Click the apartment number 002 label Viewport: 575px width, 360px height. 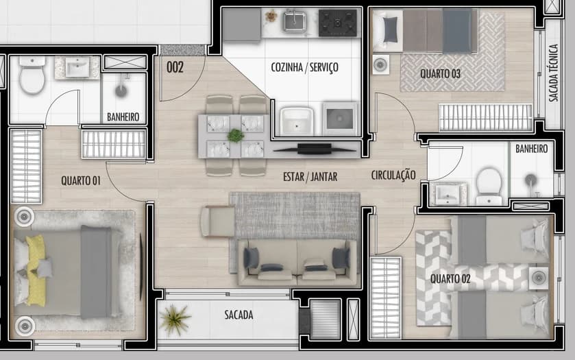(x=175, y=67)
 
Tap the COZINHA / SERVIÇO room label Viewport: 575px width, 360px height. (x=304, y=67)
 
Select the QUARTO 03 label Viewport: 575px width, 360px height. (x=440, y=74)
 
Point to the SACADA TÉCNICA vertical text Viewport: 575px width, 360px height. (x=554, y=73)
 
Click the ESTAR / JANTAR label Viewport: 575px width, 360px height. (x=310, y=177)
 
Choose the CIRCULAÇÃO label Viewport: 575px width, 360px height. (x=393, y=175)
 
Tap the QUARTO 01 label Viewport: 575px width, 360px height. (x=81, y=180)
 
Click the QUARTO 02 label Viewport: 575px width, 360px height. (x=450, y=279)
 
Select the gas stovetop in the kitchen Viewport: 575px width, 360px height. (x=337, y=23)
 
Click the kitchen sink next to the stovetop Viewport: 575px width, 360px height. (x=295, y=21)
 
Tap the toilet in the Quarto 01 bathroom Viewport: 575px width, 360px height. (x=32, y=75)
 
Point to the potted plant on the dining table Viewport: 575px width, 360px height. (x=236, y=135)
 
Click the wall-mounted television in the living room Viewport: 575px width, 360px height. (x=315, y=149)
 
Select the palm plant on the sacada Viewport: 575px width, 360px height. (x=175, y=319)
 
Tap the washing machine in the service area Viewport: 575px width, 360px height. (x=339, y=119)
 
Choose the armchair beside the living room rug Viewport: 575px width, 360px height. (x=218, y=221)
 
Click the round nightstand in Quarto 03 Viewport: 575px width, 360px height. (x=380, y=64)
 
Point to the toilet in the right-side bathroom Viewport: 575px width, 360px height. (x=489, y=186)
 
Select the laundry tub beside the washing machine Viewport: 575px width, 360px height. (x=297, y=121)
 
